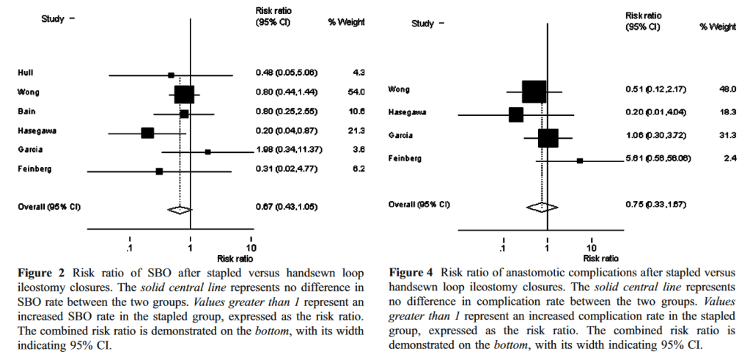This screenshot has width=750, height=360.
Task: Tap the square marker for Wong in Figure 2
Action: tap(184, 93)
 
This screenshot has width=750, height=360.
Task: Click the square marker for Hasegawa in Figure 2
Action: tap(147, 133)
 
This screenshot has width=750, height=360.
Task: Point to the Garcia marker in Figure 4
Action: tap(548, 137)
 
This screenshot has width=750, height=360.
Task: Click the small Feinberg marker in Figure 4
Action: tap(580, 159)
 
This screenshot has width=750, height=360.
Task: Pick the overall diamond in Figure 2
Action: tap(178, 209)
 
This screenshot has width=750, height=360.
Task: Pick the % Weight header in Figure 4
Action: tap(717, 27)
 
